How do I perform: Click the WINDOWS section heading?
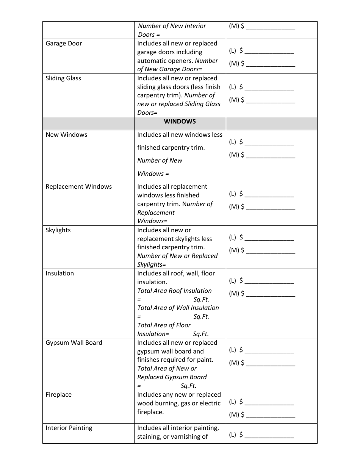pyautogui.click(x=180, y=122)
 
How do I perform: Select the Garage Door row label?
pyautogui.click(x=64, y=44)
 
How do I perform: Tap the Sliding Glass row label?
pyautogui.click(x=63, y=78)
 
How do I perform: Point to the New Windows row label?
pyautogui.click(x=66, y=135)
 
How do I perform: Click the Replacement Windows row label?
pyautogui.click(x=79, y=187)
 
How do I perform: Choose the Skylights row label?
pyautogui.click(x=58, y=230)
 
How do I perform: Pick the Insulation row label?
pyautogui.click(x=59, y=274)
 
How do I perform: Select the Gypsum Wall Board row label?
pyautogui.click(x=74, y=343)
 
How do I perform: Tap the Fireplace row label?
pyautogui.click(x=58, y=395)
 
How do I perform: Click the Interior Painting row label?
pyautogui.click(x=69, y=428)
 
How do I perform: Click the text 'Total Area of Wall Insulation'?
pyautogui.click(x=178, y=308)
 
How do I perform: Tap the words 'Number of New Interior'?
pyautogui.click(x=172, y=26)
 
